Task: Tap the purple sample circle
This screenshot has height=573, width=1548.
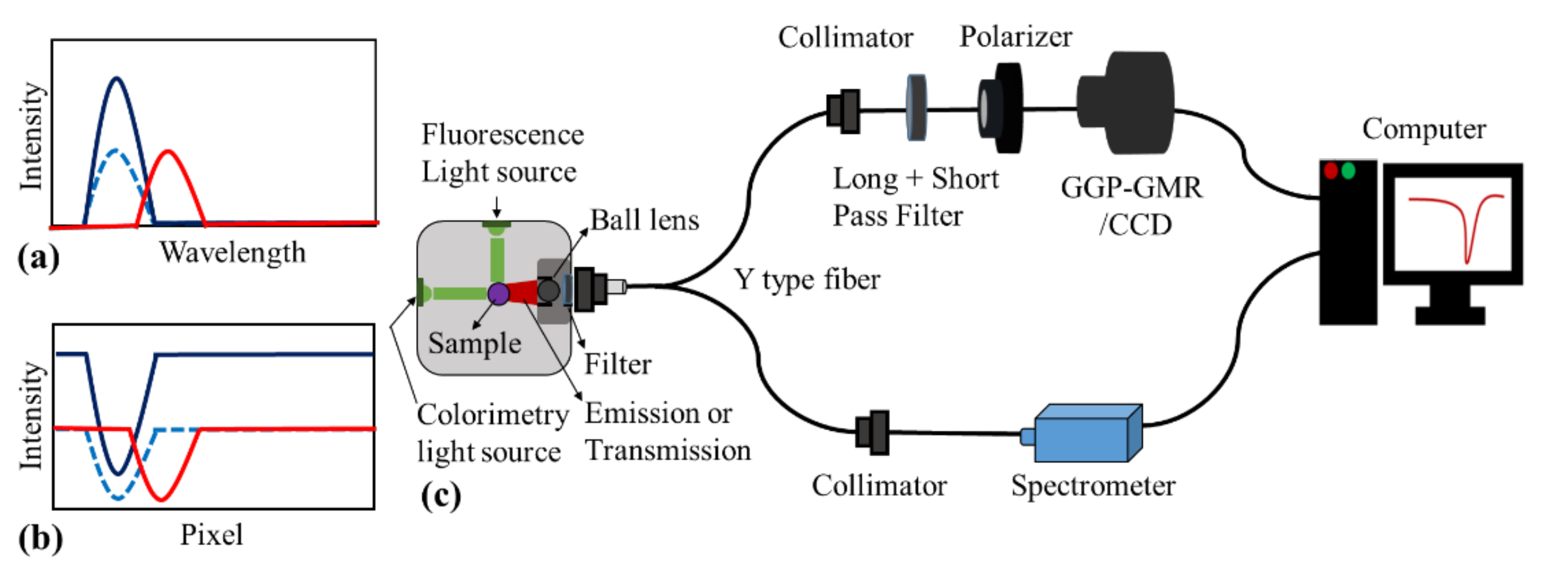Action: tap(498, 294)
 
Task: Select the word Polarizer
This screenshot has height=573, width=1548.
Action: tap(1015, 37)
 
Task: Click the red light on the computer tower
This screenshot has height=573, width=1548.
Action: tap(1330, 171)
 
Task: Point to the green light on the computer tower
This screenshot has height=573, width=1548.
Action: tap(1348, 171)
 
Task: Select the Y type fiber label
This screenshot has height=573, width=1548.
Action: tap(807, 280)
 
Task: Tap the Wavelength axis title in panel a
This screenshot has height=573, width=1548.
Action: tap(232, 252)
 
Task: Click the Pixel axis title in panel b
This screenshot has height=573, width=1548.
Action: tap(212, 535)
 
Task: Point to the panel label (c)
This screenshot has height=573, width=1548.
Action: tap(441, 496)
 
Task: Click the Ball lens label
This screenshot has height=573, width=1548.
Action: tap(644, 221)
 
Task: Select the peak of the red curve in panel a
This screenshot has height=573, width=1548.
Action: tap(168, 151)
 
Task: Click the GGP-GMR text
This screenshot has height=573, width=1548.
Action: tap(1131, 188)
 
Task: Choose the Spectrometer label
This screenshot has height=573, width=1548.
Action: tap(1092, 486)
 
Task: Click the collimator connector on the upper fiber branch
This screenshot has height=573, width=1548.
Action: tap(844, 111)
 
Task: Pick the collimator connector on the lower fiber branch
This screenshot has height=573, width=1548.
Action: tap(873, 432)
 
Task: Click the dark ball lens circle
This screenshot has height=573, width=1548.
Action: tap(548, 291)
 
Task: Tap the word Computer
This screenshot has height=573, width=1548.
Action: tap(1424, 129)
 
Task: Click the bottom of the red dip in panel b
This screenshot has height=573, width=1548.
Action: tap(160, 498)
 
